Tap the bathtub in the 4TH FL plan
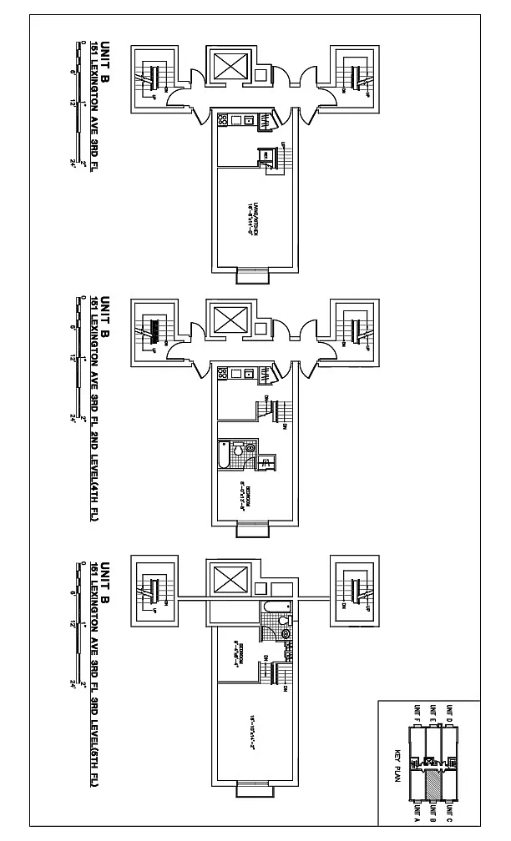coord(224,453)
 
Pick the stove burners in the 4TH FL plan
coord(223,375)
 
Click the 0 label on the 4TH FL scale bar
coord(83,298)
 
